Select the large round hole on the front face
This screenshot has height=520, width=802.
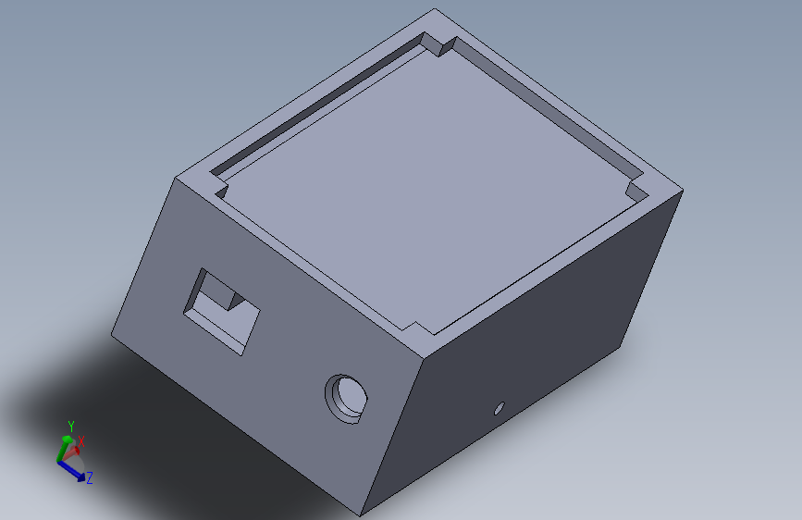tap(348, 397)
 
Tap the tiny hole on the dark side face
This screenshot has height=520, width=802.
tap(500, 406)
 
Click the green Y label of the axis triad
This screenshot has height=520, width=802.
tap(70, 426)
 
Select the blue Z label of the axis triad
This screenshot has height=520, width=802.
tap(90, 478)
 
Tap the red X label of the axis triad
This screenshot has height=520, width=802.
tap(81, 442)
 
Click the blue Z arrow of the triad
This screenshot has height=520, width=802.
tap(73, 469)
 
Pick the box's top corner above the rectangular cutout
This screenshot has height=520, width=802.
tap(175, 178)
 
